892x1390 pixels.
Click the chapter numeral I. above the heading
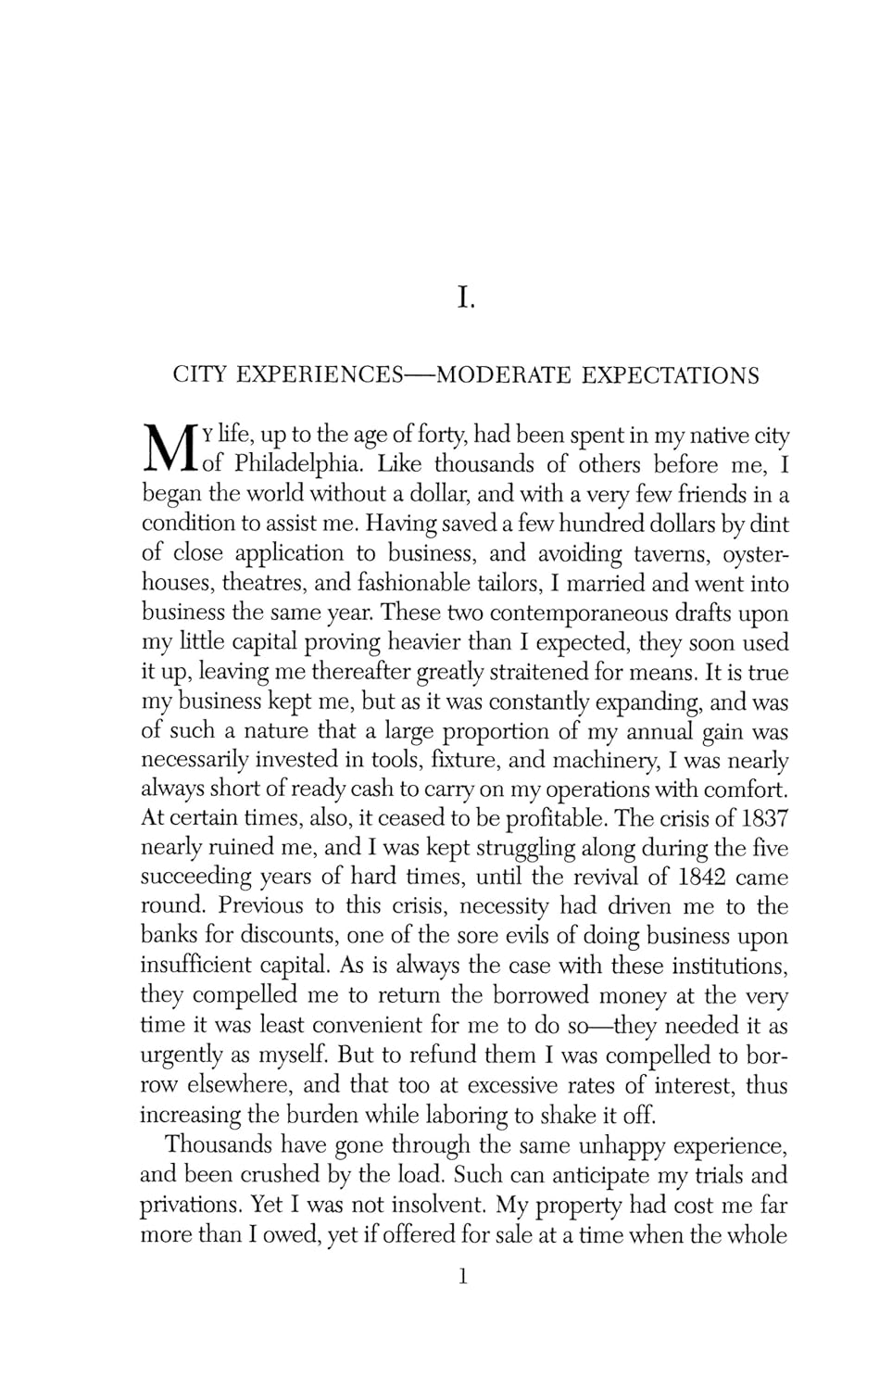pos(465,298)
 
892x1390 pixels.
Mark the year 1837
pos(764,818)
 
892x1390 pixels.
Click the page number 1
pos(464,1278)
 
